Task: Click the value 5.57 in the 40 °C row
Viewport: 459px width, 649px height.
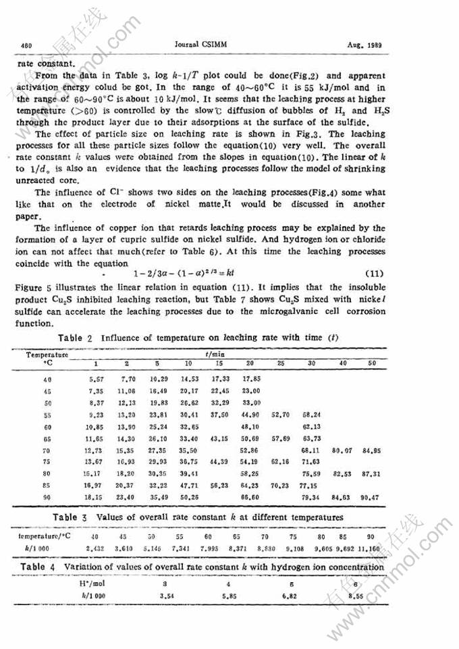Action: [x=96, y=379]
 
